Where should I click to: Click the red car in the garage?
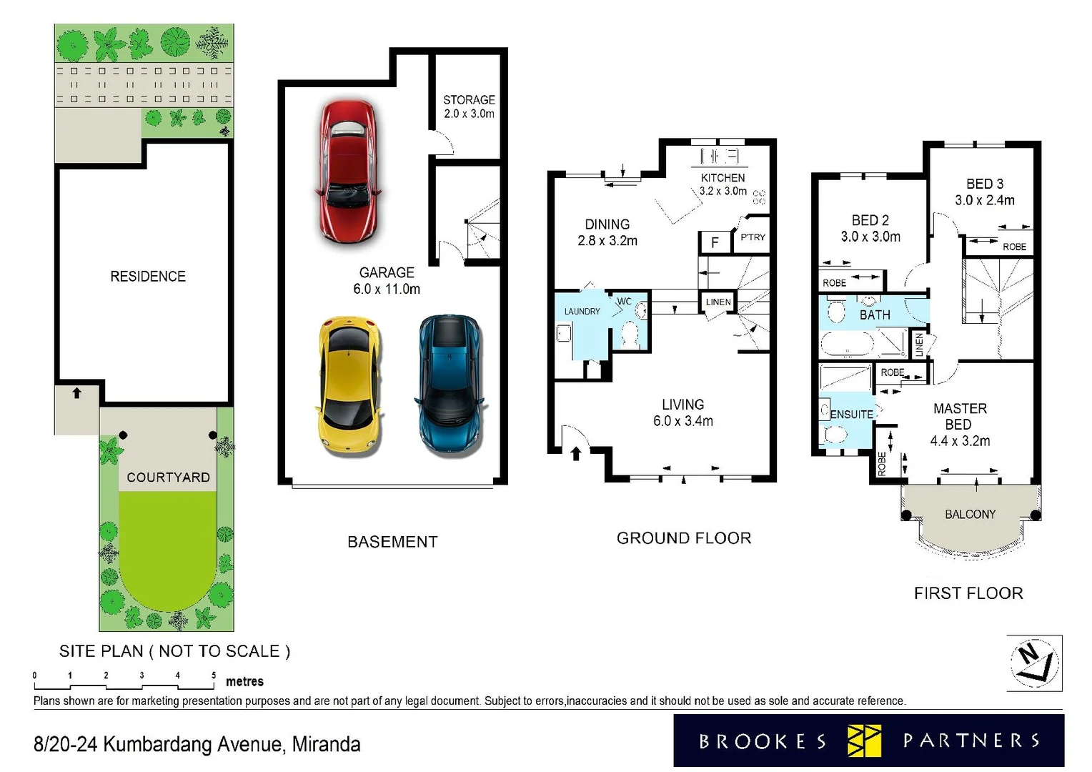click(x=348, y=172)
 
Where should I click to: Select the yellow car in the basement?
click(x=349, y=385)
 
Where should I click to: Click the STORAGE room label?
click(x=469, y=100)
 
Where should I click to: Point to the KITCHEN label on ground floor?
click(x=723, y=177)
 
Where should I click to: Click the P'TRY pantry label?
click(x=753, y=237)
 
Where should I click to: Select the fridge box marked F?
click(x=714, y=243)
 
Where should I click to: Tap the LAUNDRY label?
click(x=582, y=312)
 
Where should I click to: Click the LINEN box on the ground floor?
click(x=718, y=302)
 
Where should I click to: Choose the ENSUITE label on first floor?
click(x=851, y=415)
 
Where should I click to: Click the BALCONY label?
click(x=970, y=515)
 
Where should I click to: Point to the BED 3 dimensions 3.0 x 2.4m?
click(x=984, y=201)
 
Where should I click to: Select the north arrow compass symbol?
click(x=1033, y=663)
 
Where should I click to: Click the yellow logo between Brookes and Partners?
click(x=864, y=741)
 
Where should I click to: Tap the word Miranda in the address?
click(x=326, y=745)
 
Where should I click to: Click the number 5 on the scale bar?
click(x=214, y=675)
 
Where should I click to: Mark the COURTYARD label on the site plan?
click(x=168, y=477)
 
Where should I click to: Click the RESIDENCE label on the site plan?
click(x=148, y=277)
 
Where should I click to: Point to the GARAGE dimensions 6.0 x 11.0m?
click(x=387, y=289)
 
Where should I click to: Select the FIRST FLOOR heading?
click(x=968, y=593)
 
